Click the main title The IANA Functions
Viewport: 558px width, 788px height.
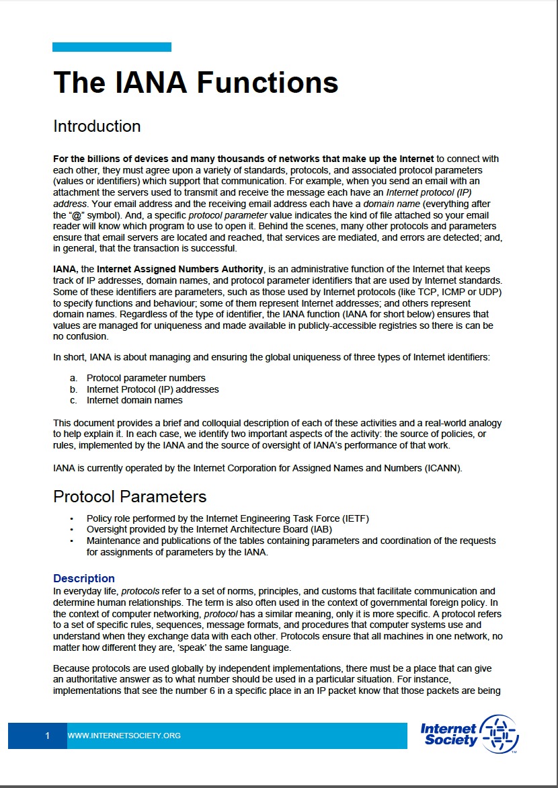(196, 82)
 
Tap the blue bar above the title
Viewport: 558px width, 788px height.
(112, 47)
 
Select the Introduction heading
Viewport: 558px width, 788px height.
(97, 126)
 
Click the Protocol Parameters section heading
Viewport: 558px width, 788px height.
(130, 496)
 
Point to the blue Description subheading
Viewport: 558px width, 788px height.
(84, 578)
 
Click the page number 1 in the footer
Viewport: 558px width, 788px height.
(47, 736)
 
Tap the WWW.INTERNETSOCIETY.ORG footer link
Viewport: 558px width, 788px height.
(124, 736)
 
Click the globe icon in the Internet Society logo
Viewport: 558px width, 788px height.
(501, 734)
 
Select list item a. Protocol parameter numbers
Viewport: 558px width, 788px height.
(146, 378)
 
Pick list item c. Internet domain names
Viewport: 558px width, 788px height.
(134, 400)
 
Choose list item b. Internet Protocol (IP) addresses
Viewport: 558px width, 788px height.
(153, 389)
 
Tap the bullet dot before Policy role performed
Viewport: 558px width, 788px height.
(72, 518)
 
